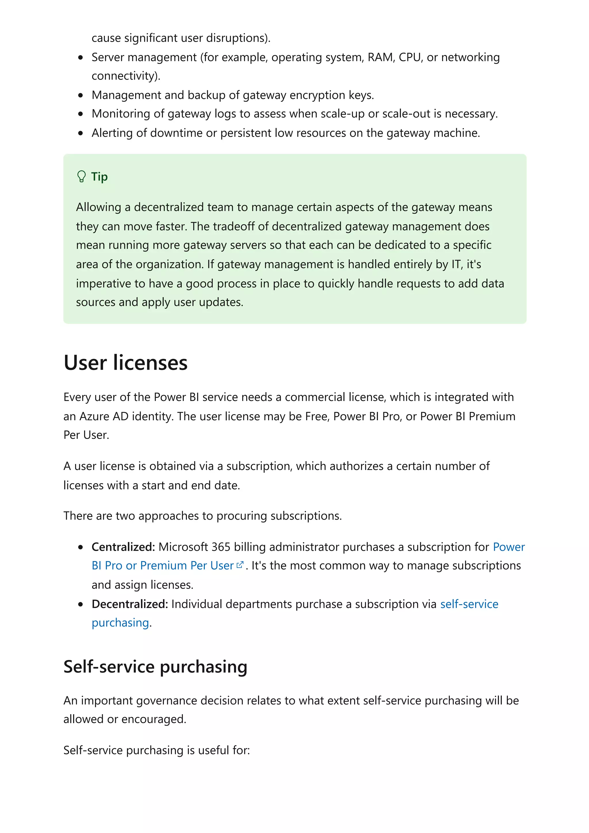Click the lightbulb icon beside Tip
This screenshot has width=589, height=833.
click(81, 177)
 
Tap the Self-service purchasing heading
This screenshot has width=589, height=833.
click(155, 667)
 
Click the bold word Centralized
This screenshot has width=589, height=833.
click(123, 547)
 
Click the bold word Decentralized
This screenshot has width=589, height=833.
click(129, 604)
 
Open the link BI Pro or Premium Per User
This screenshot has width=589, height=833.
click(162, 566)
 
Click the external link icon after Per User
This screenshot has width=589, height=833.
click(240, 565)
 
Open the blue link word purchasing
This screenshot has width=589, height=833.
click(120, 623)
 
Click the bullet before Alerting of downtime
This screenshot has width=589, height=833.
click(81, 133)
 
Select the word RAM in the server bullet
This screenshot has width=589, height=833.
click(380, 57)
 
